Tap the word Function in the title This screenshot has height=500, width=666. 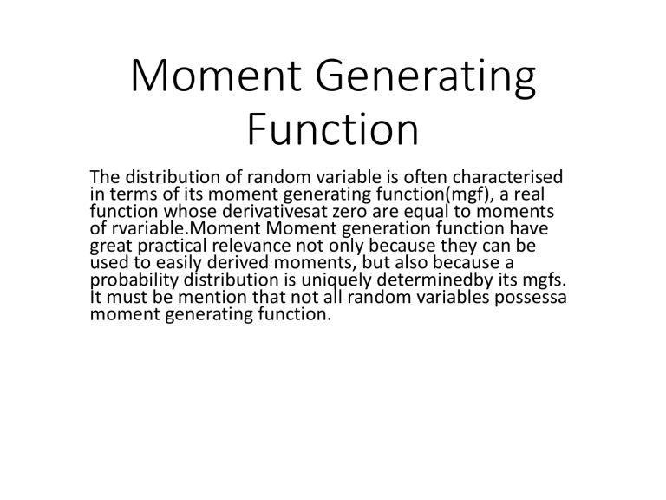tap(332, 132)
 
